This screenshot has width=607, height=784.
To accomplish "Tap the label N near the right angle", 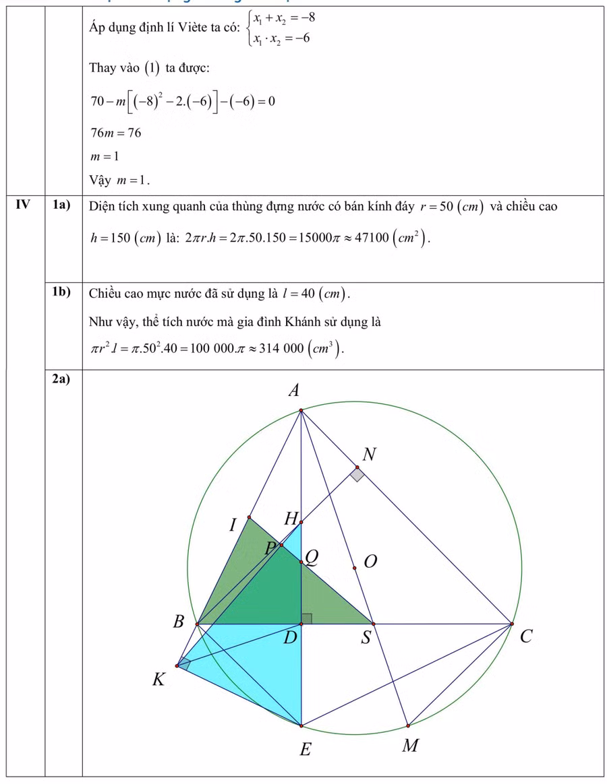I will point(368,455).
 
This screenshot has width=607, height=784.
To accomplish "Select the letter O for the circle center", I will point(370,561).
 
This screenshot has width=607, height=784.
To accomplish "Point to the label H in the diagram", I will point(290,519).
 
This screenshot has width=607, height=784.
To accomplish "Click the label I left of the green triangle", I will point(233,524).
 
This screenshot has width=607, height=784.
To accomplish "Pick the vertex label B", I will point(178,622).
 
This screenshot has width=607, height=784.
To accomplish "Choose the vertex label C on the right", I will point(527,635).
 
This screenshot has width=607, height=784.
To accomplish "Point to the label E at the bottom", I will point(304,749).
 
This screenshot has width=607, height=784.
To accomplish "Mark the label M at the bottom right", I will point(409,746).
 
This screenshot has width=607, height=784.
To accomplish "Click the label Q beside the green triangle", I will point(311,556).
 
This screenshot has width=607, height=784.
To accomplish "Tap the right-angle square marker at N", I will point(357,475).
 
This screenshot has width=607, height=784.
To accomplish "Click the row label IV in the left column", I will point(24,205).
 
